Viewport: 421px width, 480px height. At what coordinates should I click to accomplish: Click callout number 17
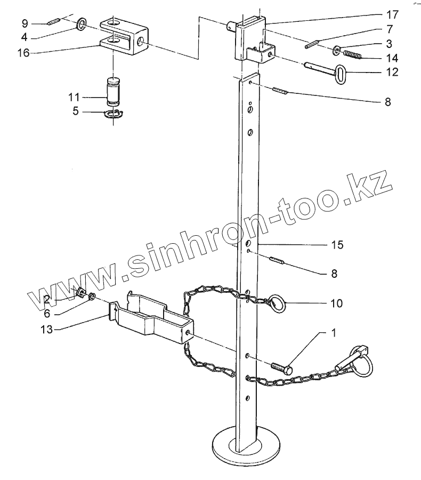pyautogui.click(x=392, y=13)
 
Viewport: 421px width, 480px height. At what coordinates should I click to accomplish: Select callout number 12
pyautogui.click(x=392, y=71)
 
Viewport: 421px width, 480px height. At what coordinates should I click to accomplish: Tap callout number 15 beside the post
pyautogui.click(x=337, y=245)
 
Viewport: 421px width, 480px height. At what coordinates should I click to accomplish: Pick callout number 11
pyautogui.click(x=74, y=97)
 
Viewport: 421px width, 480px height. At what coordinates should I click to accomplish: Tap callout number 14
pyautogui.click(x=392, y=57)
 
